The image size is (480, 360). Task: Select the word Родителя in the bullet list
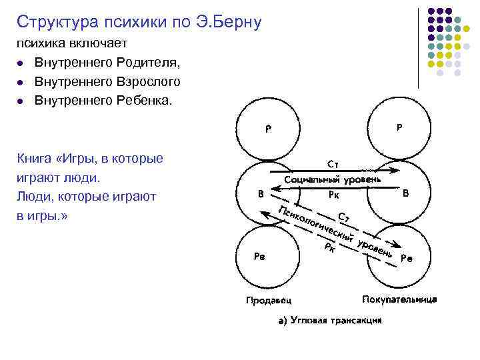pos(146,63)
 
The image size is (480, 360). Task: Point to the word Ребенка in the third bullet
pos(142,101)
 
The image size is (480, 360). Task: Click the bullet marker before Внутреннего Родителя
pos(21,63)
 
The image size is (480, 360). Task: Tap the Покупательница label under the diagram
pos(399,299)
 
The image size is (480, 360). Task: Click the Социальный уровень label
pos(333,179)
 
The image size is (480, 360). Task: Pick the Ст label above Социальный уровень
pos(334,163)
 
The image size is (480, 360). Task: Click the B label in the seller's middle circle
pos(261,194)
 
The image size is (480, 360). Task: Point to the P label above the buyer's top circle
pos(399,127)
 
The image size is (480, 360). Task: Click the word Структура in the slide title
pos(56,22)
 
